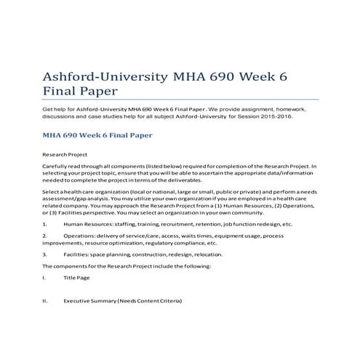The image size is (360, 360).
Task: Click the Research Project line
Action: point(65,156)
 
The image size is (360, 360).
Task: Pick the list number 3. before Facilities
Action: point(46,255)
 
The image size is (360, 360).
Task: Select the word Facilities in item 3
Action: point(78,255)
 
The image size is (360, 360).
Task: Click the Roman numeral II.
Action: point(46,300)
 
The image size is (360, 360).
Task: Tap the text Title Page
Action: point(76,278)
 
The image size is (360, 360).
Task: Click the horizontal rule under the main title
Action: point(180,100)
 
